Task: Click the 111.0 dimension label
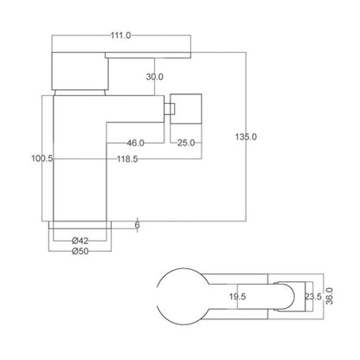coord(120,35)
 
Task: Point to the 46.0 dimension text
coord(134,142)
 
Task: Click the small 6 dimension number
coord(137,225)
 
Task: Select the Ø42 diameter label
coord(80,240)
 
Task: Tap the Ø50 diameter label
coord(80,254)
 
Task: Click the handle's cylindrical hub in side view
coord(80,73)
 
